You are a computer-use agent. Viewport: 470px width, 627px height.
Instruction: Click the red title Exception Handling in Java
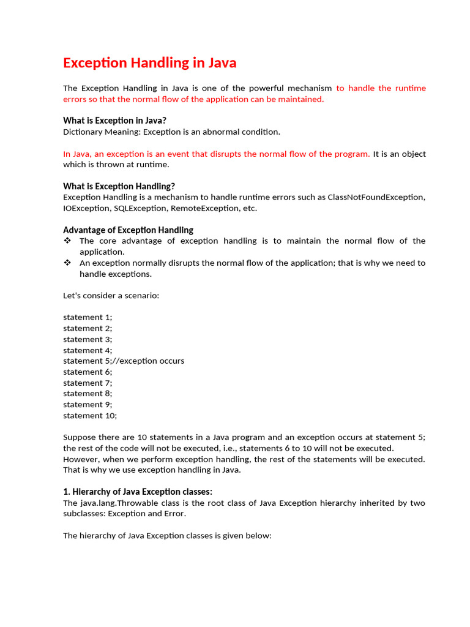coord(149,62)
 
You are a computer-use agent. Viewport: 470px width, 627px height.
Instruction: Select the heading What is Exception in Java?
coord(114,121)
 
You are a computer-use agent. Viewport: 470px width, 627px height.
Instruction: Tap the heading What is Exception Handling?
coord(119,186)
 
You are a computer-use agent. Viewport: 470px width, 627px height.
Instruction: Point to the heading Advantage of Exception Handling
coord(128,230)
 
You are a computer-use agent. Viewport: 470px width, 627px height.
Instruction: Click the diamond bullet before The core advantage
coord(67,241)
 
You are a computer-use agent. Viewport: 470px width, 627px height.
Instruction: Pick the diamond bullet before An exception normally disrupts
coord(67,263)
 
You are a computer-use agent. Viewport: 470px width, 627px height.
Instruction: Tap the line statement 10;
coord(90,415)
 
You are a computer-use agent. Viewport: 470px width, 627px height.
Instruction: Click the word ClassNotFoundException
coord(375,197)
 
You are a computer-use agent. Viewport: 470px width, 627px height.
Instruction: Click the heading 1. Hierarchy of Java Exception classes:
coord(138,492)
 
